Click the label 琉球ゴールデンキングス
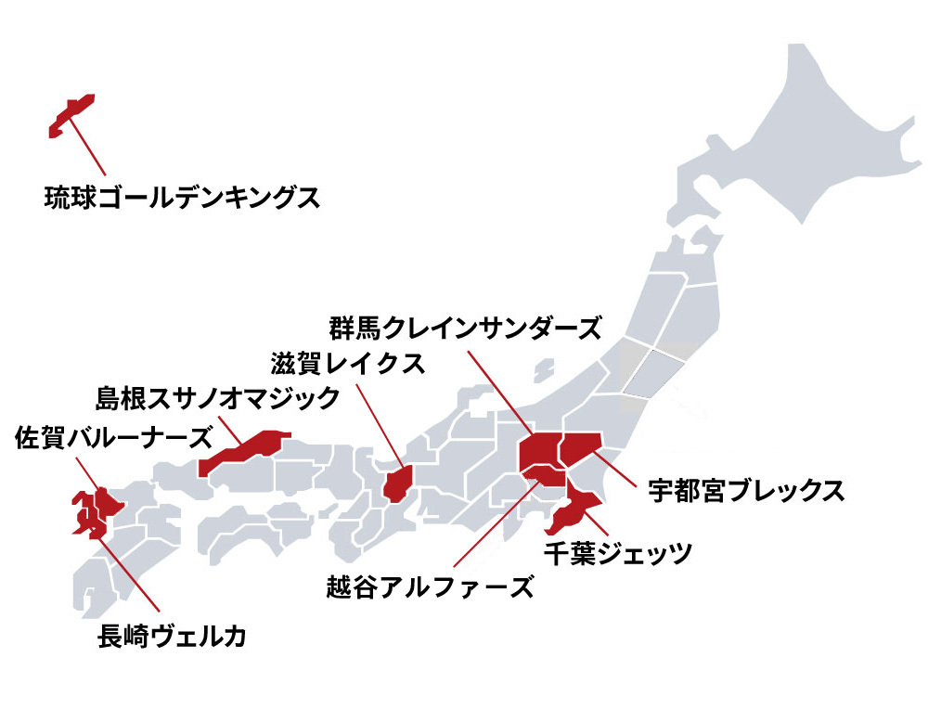182,198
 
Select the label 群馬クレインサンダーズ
465,328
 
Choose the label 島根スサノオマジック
219,398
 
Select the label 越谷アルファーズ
431,587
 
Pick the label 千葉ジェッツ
617,554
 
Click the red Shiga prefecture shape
398,483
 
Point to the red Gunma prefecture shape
537,452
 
